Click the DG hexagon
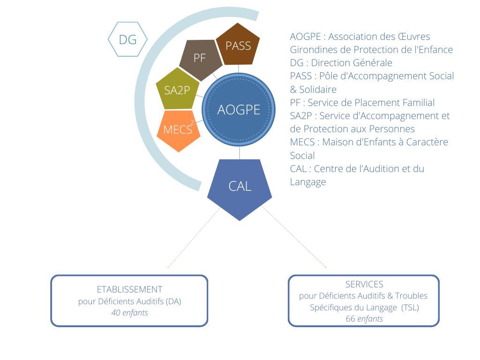[x=127, y=39]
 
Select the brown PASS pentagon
[x=238, y=45]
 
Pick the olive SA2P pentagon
[x=178, y=90]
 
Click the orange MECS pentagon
[x=179, y=130]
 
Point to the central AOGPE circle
[x=239, y=110]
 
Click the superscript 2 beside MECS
[x=192, y=123]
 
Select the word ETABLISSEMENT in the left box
[x=129, y=289]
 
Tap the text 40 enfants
[x=129, y=313]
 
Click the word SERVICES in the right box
[x=364, y=285]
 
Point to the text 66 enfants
[x=364, y=319]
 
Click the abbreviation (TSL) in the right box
[x=410, y=307]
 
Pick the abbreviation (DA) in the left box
[x=173, y=301]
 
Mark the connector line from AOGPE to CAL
[x=240, y=153]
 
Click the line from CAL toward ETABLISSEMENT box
[x=194, y=237]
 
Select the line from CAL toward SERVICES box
[x=294, y=237]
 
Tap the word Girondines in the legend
[x=312, y=50]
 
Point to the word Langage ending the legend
[x=308, y=182]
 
